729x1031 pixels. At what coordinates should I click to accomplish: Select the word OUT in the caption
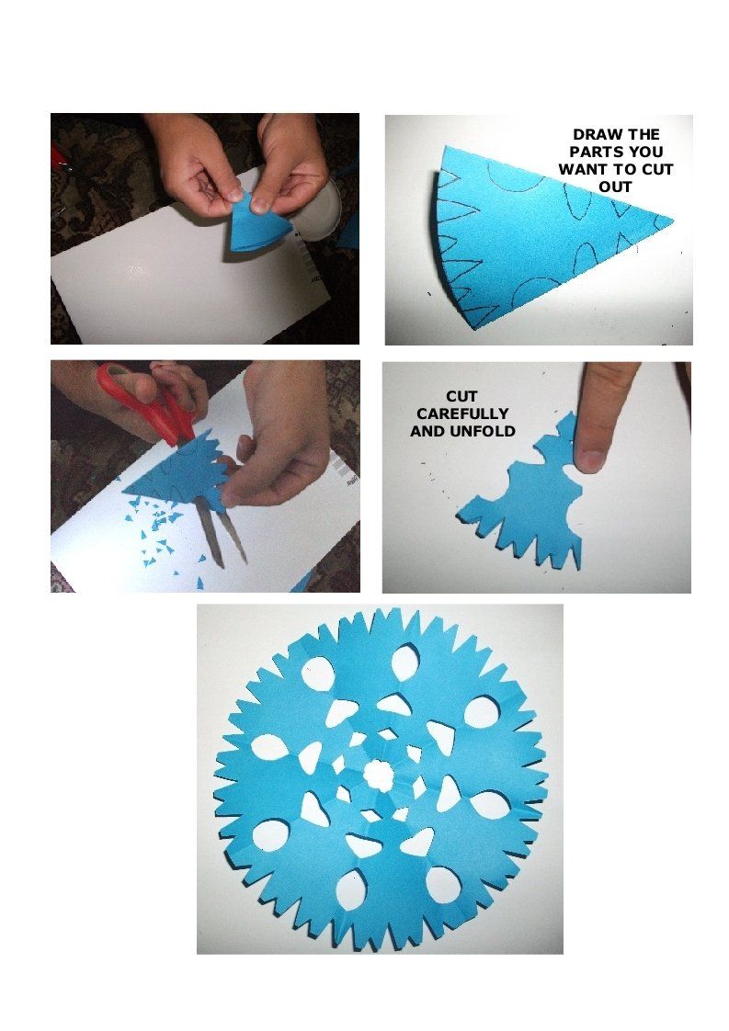[615, 187]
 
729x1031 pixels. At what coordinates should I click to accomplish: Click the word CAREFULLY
[462, 414]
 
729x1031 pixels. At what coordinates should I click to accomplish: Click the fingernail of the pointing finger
[590, 459]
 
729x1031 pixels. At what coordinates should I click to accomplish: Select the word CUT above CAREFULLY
[461, 396]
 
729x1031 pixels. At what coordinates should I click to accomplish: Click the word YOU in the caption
[644, 152]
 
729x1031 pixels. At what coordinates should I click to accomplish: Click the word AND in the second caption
[428, 431]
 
